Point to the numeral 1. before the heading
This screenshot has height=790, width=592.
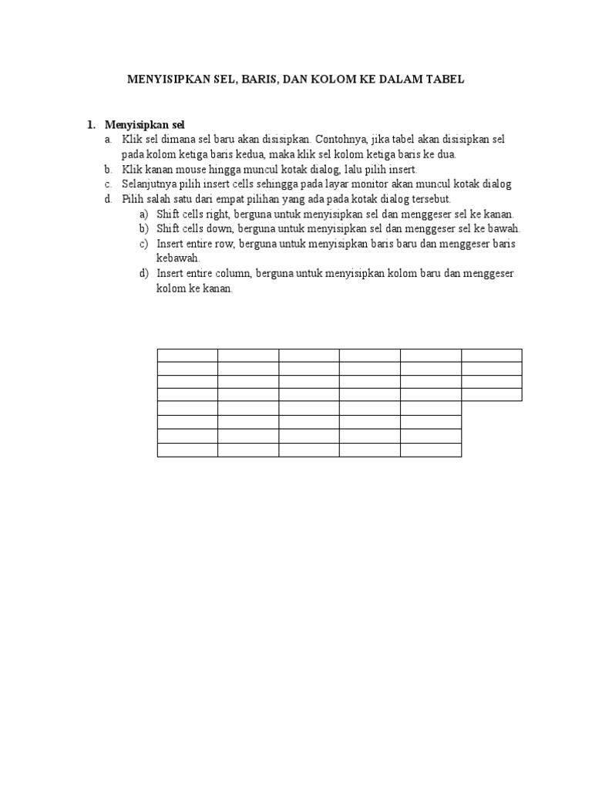click(x=90, y=125)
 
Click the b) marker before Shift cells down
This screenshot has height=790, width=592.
click(x=144, y=228)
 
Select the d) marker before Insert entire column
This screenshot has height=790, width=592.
click(x=144, y=274)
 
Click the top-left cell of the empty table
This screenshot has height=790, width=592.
click(x=187, y=355)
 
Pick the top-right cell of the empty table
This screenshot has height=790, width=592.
click(x=492, y=355)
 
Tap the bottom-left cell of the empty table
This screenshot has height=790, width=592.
click(x=187, y=450)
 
